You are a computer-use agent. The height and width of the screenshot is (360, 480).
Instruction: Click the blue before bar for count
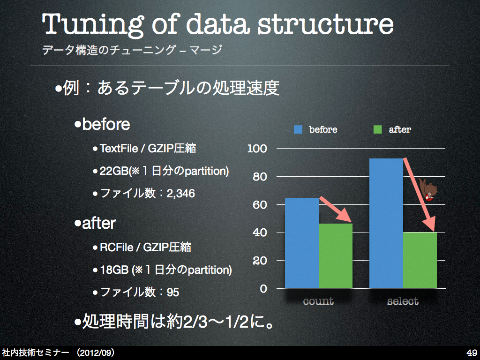pos(302,243)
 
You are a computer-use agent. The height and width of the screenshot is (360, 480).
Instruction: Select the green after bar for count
pos(336,256)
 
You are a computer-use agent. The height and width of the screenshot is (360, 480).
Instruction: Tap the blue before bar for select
pos(386,224)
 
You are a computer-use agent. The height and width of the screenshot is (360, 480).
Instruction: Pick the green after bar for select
pos(420,260)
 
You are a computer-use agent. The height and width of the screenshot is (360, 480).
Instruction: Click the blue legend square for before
pos(298,129)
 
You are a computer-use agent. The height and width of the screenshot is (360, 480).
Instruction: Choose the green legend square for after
pos(377,129)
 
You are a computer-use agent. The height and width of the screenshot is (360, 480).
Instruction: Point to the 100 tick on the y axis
pos(257,149)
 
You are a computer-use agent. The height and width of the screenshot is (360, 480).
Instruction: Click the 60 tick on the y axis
pos(260,205)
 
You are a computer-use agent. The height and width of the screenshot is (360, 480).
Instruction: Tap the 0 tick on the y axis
pos(263,289)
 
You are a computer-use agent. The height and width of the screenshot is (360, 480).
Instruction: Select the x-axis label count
pos(318,301)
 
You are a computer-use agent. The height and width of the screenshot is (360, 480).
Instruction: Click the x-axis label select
pos(403,301)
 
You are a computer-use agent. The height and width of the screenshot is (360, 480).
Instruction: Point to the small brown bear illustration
pos(429,190)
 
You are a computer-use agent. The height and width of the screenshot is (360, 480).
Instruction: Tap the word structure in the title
pos(325,24)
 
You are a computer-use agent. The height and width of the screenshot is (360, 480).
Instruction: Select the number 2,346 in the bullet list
pos(180,194)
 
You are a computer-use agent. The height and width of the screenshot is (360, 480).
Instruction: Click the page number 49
pos(472,352)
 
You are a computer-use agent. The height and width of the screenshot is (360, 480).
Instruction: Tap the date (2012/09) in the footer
pos(96,352)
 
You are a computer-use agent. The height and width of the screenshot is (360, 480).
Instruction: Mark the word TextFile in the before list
pos(119,149)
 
